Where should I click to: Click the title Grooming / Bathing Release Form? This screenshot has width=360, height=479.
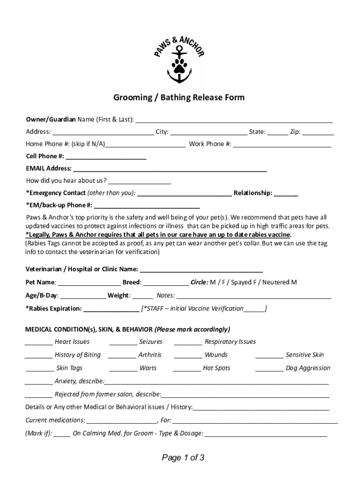(x=179, y=98)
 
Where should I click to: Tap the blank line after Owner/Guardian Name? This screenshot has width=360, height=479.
(x=234, y=120)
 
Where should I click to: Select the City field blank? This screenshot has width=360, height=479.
(x=209, y=132)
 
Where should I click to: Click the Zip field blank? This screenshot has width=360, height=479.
(x=318, y=132)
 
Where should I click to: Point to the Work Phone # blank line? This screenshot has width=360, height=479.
(x=282, y=145)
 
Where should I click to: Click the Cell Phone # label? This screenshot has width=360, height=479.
(x=45, y=156)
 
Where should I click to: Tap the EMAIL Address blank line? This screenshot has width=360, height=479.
(x=170, y=169)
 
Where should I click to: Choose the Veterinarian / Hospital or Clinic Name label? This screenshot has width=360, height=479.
(x=82, y=269)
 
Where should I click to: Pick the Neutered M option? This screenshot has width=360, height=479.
(x=279, y=283)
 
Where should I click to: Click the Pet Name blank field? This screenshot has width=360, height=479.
(x=89, y=283)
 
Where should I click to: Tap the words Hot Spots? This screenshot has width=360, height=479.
(x=216, y=368)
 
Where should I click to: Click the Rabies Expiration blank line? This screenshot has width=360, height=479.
(x=111, y=309)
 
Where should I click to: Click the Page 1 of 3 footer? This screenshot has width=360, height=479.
(x=183, y=458)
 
